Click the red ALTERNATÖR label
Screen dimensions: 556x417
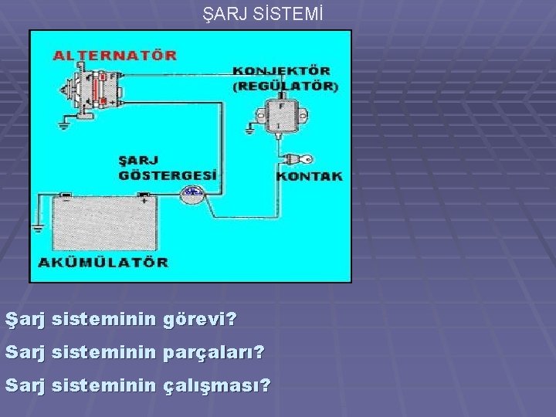point(115,56)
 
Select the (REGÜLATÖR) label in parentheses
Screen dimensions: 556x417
point(285,86)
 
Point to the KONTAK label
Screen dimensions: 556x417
point(309,176)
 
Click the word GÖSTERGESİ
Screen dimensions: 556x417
point(168,175)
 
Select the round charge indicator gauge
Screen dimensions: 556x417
point(190,195)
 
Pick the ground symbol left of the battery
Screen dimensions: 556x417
point(37,229)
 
